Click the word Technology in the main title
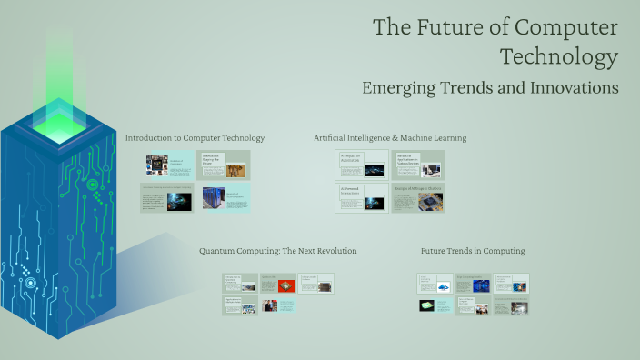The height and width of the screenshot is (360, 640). (x=559, y=57)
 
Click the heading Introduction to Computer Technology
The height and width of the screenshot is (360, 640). (x=195, y=138)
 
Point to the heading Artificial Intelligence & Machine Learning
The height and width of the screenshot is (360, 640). (x=390, y=138)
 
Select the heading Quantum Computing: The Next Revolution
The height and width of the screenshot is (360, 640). (x=277, y=250)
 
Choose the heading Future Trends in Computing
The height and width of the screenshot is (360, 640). (x=473, y=250)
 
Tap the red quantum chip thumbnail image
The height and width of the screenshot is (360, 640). (x=286, y=285)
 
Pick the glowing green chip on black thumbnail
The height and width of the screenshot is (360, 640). (x=427, y=306)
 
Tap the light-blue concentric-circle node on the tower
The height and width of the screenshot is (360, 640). (x=30, y=283)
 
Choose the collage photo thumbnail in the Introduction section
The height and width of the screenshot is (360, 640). (x=157, y=164)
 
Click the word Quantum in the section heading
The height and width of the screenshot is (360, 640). (x=218, y=250)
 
